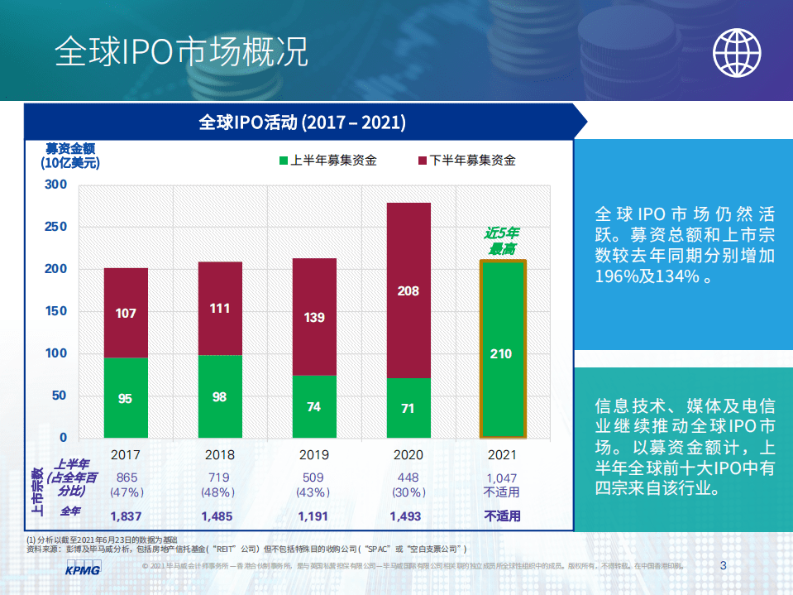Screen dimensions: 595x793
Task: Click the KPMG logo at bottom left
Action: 83,570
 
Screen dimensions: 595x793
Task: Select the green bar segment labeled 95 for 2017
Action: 126,398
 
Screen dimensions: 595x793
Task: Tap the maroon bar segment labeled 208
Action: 408,290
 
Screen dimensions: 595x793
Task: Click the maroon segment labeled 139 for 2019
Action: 314,317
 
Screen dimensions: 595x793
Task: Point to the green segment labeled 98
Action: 219,396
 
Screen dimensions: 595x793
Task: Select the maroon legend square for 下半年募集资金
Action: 422,161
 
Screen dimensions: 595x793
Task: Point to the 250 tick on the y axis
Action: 55,227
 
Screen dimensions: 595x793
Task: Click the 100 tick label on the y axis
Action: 55,353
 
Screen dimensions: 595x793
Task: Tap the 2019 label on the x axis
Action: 313,454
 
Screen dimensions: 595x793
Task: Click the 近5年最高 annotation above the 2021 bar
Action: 502,241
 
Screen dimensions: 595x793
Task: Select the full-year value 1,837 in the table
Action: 126,516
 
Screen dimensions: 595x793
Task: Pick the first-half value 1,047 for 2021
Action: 502,477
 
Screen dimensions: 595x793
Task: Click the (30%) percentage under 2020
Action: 408,492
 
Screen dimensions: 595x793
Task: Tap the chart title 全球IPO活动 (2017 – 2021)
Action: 302,122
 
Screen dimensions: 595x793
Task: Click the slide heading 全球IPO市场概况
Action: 182,51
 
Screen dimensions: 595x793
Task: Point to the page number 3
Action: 724,566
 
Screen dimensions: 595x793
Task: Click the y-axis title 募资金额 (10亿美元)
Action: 69,156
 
